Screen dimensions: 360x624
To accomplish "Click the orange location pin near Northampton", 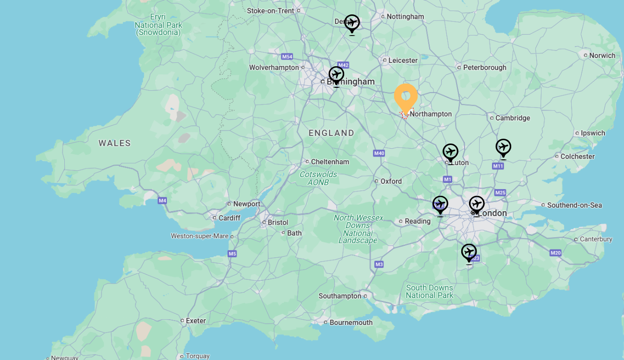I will tap(406, 97).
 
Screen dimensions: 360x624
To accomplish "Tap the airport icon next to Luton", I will tap(450, 153).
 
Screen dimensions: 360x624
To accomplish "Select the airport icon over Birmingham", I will tap(336, 75).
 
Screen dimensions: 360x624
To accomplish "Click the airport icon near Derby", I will tap(352, 24).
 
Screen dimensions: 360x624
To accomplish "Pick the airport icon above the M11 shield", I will tap(503, 148).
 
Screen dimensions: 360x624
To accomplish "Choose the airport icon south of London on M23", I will tap(469, 252).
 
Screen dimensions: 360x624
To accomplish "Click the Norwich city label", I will tap(602, 56).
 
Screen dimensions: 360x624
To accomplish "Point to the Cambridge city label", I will tap(512, 118).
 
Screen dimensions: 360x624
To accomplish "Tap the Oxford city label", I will tap(391, 181).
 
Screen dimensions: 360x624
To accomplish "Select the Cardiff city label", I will tap(229, 218).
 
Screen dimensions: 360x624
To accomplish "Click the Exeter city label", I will tap(195, 321).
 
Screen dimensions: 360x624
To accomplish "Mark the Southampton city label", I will tap(340, 296).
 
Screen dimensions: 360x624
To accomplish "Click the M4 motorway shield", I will tap(162, 201).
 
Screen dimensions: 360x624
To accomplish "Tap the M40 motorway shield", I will tap(379, 154).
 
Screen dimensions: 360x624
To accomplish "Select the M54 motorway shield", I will tap(287, 57).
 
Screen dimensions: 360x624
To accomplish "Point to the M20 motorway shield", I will tap(555, 253).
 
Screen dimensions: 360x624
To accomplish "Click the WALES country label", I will tap(115, 143).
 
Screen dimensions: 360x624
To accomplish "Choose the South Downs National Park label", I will tap(429, 291).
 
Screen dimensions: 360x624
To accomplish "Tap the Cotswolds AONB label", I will tap(318, 178).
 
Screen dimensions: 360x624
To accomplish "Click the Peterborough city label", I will tap(484, 68).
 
